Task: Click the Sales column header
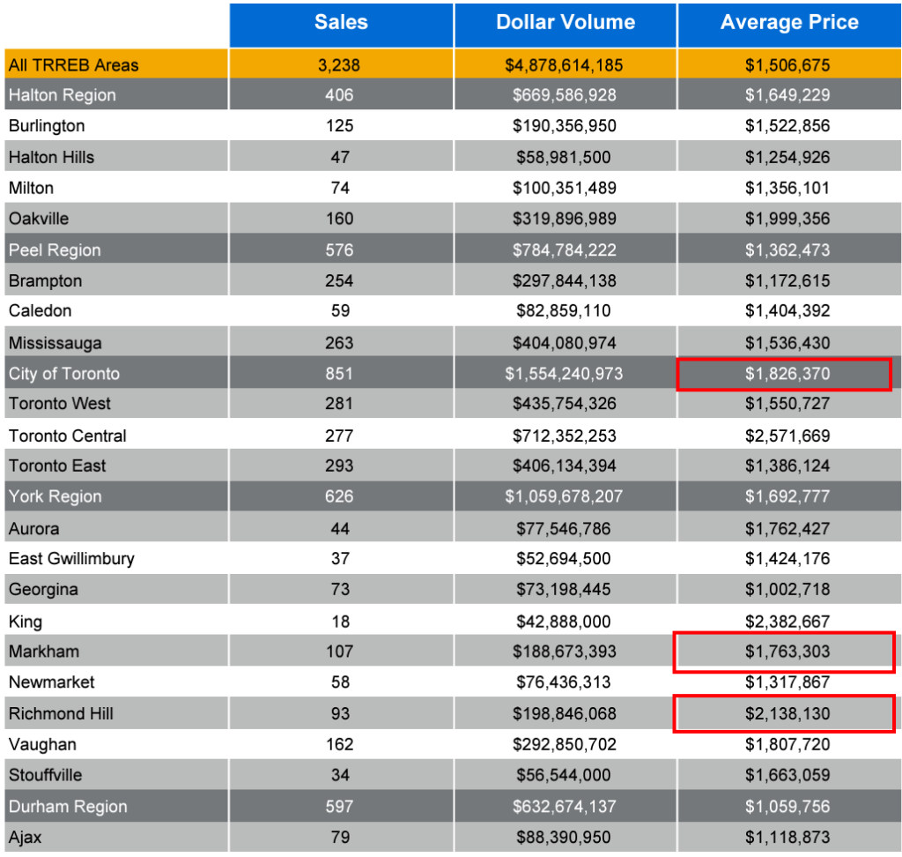341,23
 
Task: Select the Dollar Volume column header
566,23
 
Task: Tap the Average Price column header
789,23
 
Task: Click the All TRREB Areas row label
74,64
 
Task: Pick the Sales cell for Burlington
340,126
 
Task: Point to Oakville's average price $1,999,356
787,219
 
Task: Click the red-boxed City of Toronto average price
784,374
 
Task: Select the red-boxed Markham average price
784,652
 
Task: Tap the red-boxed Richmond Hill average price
784,714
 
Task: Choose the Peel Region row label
55,250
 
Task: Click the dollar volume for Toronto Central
565,436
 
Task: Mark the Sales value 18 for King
340,622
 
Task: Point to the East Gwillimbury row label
71,559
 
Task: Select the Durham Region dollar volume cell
565,807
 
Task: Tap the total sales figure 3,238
340,64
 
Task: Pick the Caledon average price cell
787,311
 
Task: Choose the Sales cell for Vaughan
340,745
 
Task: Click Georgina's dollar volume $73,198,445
565,590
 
